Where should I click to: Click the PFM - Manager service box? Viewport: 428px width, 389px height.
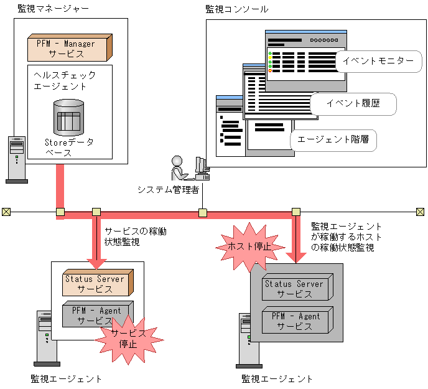point(69,48)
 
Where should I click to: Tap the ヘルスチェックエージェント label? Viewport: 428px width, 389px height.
point(65,80)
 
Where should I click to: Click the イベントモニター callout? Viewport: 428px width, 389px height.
point(379,60)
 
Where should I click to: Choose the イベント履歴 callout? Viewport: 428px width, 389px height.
point(353,103)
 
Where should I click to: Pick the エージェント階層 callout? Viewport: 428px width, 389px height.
point(333,139)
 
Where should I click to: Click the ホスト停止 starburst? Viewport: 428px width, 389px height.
point(246,246)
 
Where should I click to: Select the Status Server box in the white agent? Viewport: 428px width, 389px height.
point(96,284)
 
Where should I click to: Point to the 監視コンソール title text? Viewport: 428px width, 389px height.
point(237,9)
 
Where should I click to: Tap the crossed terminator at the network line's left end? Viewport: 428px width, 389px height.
point(6,212)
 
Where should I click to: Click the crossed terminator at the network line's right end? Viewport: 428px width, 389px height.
point(420,212)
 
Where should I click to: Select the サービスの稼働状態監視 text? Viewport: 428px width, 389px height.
point(135,236)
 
